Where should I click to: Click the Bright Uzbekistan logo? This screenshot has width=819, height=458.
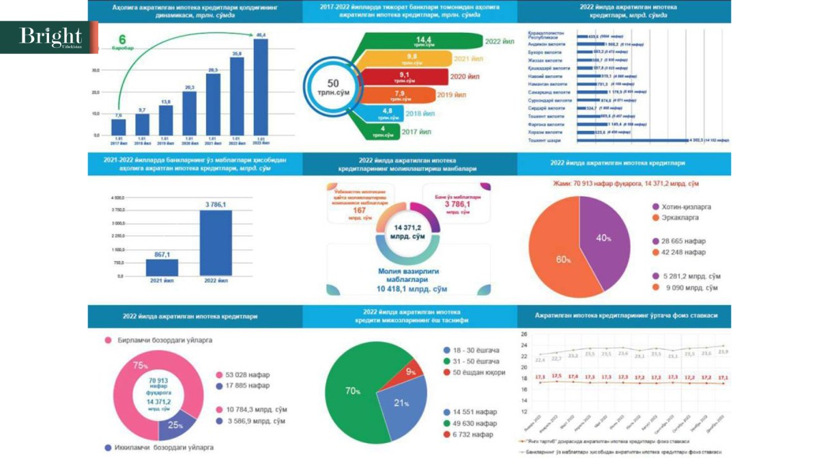coord(49,38)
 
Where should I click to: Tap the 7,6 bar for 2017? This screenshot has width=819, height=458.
coord(118,127)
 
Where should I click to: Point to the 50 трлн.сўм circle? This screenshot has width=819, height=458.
coord(333,87)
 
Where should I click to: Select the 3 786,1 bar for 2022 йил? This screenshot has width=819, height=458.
coord(216,243)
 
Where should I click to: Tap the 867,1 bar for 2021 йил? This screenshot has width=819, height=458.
coord(162,267)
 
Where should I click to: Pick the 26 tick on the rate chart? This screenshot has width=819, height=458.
coord(524,335)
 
